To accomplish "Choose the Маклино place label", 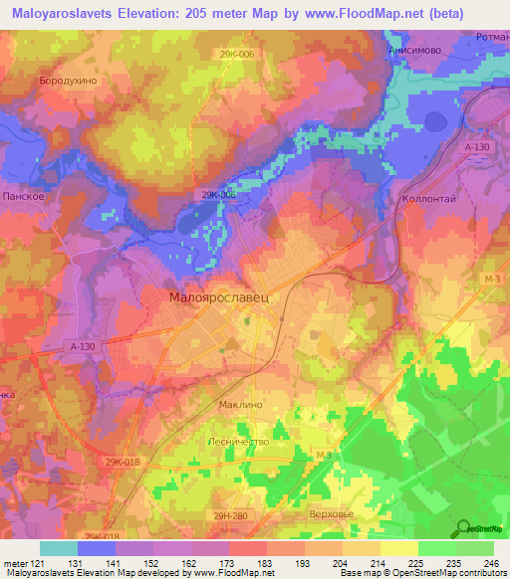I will click(x=239, y=406).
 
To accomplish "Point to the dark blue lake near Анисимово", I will click(x=436, y=121).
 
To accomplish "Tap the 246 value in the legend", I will click(x=492, y=563).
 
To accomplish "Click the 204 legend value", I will click(x=341, y=563).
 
